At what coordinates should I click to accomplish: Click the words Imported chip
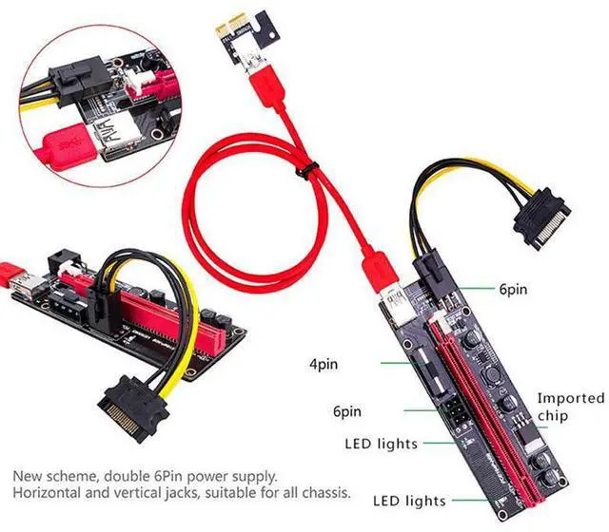point(570,407)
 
